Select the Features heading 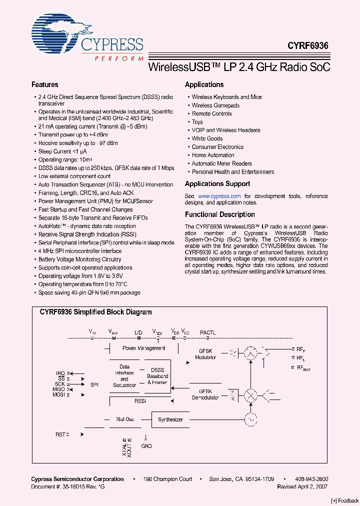pos(44,85)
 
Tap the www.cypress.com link pos(219,196)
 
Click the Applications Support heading pos(217,183)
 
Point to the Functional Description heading pos(219,214)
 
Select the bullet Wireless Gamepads pos(215,105)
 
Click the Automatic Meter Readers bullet pos(221,163)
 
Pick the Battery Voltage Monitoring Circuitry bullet pos(79,259)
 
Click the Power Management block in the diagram pos(143,348)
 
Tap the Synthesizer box pos(170,419)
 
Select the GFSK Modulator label pos(206,354)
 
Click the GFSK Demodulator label pos(205,394)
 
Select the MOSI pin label pos(58,394)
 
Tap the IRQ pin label pos(60,373)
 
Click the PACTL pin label pos(208,332)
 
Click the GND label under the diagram pos(146,446)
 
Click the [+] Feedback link pos(344,500)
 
